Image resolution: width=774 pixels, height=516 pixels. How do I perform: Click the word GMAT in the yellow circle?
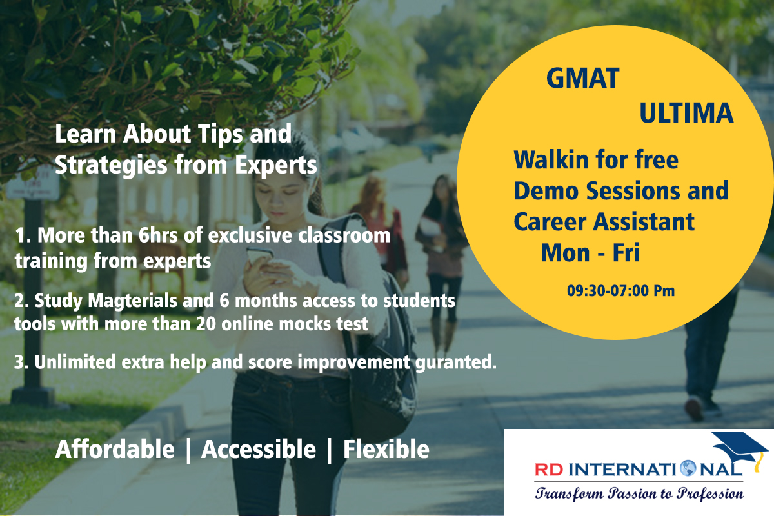[583, 79]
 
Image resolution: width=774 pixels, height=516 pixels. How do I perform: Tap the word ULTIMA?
[686, 113]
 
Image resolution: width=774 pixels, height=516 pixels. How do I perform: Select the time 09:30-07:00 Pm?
[620, 291]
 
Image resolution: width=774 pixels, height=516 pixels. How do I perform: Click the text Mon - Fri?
[590, 253]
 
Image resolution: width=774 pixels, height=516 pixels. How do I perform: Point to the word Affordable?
[115, 450]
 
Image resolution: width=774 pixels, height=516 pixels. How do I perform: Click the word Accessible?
[259, 450]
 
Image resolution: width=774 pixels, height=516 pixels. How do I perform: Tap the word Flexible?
[386, 450]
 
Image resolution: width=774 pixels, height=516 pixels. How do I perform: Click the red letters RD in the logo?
[549, 470]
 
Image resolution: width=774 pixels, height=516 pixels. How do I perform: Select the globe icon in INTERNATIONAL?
[688, 469]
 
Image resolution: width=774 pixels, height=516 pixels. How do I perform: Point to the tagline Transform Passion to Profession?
[639, 493]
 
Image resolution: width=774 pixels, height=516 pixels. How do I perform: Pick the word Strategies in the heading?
[111, 165]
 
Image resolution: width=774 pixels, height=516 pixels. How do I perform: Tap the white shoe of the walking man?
[694, 409]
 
